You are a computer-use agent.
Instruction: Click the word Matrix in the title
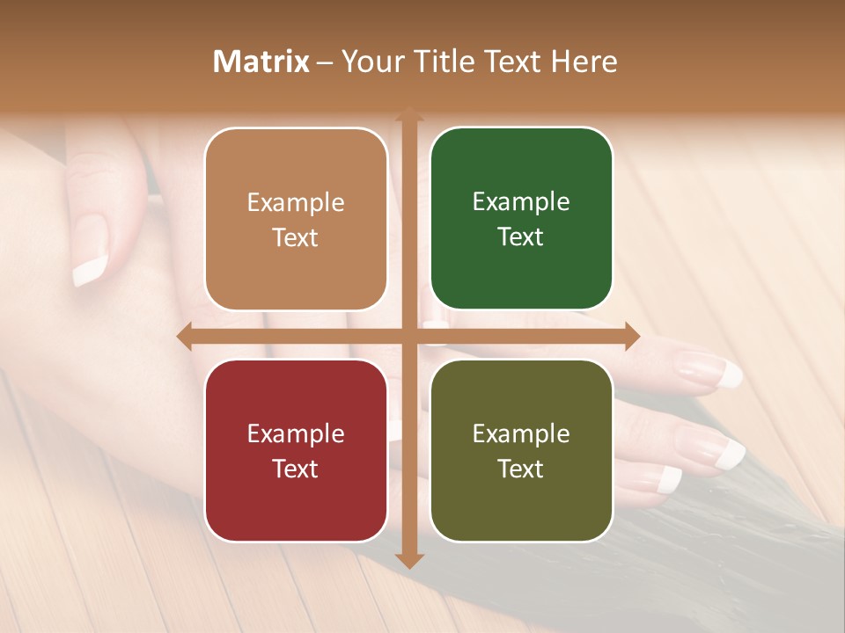pyautogui.click(x=261, y=62)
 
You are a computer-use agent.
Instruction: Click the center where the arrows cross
pyautogui.click(x=408, y=336)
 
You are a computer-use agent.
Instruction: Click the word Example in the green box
pyautogui.click(x=521, y=202)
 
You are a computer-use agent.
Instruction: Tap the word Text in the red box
pyautogui.click(x=295, y=469)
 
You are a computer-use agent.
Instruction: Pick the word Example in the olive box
pyautogui.click(x=521, y=433)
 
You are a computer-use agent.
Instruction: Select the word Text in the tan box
pyautogui.click(x=295, y=237)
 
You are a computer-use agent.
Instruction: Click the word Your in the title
pyautogui.click(x=371, y=62)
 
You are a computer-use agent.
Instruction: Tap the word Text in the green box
pyautogui.click(x=520, y=237)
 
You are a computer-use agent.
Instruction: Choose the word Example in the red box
pyautogui.click(x=296, y=433)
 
